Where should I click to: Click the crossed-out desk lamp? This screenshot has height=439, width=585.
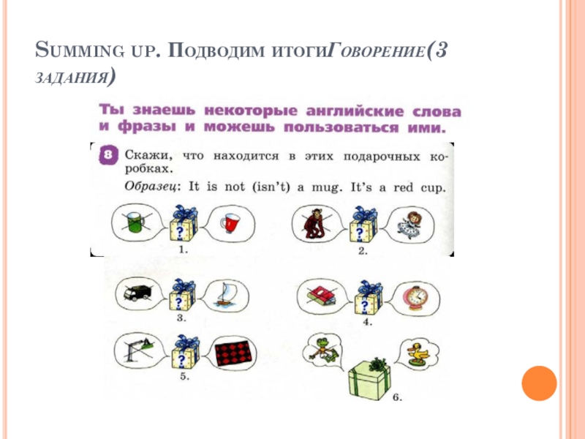point(135,350)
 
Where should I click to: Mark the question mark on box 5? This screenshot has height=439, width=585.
point(178,359)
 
